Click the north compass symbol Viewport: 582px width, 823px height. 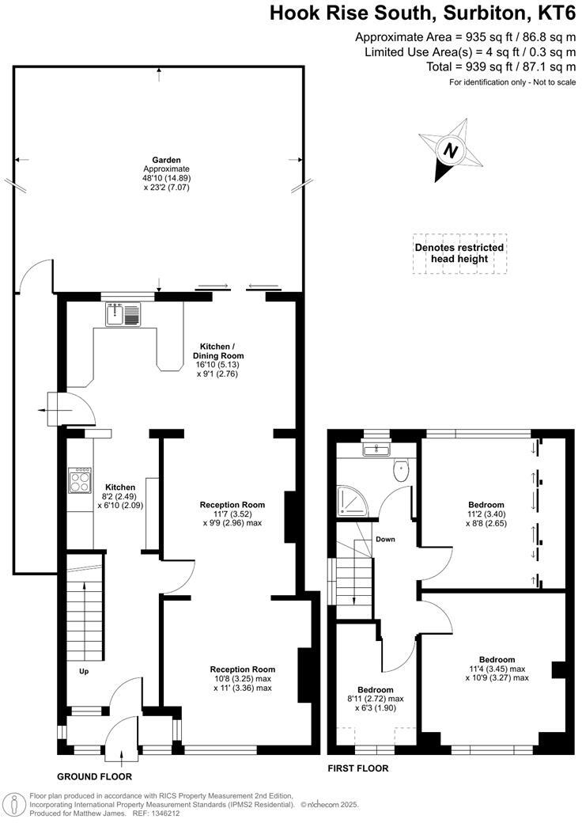(x=451, y=150)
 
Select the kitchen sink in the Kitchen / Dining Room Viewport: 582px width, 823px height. (x=123, y=315)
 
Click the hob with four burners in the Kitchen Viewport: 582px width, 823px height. (x=80, y=481)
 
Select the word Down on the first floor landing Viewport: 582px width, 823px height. (x=385, y=540)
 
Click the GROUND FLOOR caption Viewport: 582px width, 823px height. (x=94, y=777)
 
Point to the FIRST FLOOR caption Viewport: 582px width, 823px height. (x=357, y=768)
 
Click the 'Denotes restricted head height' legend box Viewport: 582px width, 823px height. (x=459, y=253)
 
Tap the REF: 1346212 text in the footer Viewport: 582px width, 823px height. (x=149, y=812)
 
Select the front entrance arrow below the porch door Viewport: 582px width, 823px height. (x=121, y=757)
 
